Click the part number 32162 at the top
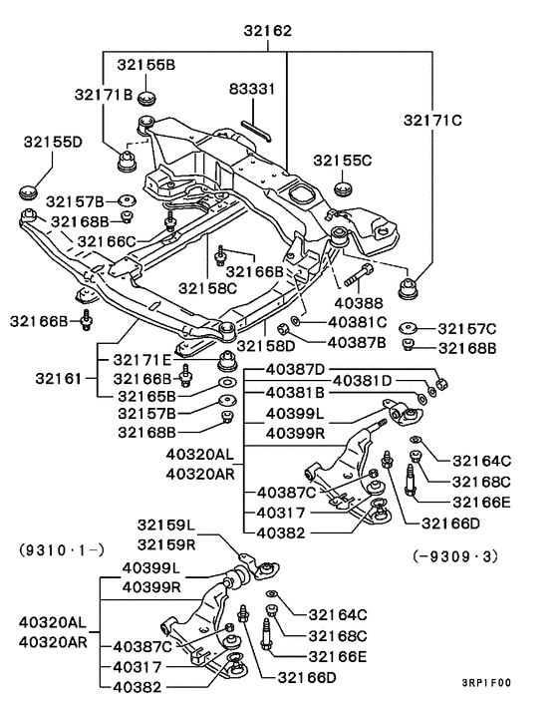click(x=268, y=31)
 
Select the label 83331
click(x=252, y=89)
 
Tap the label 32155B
click(x=143, y=65)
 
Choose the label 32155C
click(x=342, y=160)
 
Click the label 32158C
click(x=208, y=288)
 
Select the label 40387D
click(x=295, y=369)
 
